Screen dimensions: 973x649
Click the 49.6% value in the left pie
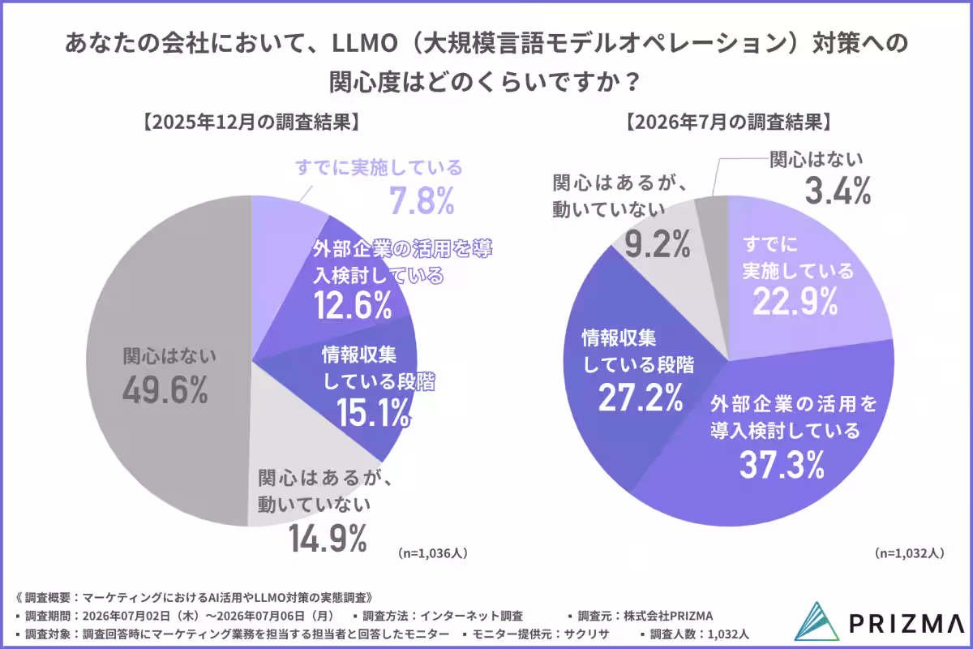[x=165, y=390]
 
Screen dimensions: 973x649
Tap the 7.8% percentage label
[x=422, y=201]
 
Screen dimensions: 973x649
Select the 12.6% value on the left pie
[x=353, y=305]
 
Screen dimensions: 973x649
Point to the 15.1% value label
[x=374, y=413]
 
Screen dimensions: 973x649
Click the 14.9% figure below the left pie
[x=328, y=538]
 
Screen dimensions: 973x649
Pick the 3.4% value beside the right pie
[x=838, y=191]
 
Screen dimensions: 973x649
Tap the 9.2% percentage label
[x=658, y=244]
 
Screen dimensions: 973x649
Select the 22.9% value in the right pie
[x=795, y=302]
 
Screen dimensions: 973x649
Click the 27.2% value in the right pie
[x=641, y=398]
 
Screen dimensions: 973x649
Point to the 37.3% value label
[x=782, y=465]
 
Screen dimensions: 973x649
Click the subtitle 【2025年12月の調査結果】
[x=251, y=122]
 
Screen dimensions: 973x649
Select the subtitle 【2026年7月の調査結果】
[x=728, y=122]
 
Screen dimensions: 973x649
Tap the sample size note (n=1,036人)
[x=432, y=553]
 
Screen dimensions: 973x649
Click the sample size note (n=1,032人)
[x=909, y=553]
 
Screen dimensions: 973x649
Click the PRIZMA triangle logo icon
[x=817, y=621]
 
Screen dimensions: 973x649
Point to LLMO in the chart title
[x=365, y=44]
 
